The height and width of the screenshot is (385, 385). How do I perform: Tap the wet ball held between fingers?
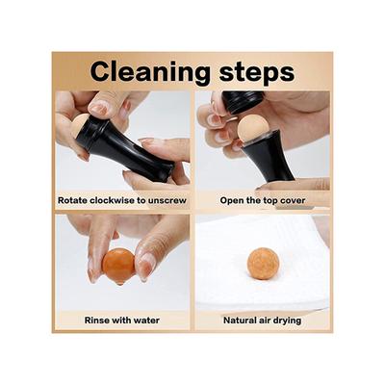119,264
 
